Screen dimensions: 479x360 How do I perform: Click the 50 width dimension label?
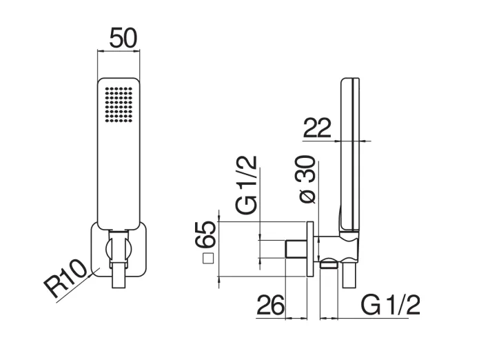(123, 38)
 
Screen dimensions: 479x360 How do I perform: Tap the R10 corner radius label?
(65, 279)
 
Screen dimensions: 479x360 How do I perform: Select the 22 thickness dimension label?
(317, 128)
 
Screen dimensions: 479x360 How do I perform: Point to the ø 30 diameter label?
(307, 179)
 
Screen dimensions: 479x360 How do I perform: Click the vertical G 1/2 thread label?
(246, 185)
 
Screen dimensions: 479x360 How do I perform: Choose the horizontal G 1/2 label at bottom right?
(390, 305)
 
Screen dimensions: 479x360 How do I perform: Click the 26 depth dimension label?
(271, 305)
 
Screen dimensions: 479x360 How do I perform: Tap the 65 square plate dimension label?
(206, 234)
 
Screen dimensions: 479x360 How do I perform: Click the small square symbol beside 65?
(208, 259)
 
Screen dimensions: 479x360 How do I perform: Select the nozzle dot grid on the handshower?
(119, 105)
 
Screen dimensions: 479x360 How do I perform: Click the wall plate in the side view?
(310, 248)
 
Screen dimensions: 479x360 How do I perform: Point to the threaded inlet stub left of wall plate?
(296, 249)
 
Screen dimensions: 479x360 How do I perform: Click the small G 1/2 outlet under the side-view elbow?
(329, 263)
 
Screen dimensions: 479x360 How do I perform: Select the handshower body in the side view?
(350, 156)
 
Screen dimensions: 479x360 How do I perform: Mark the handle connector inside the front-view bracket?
(119, 248)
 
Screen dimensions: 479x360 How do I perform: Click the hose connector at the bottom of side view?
(349, 275)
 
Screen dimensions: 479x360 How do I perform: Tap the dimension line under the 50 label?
(119, 50)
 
